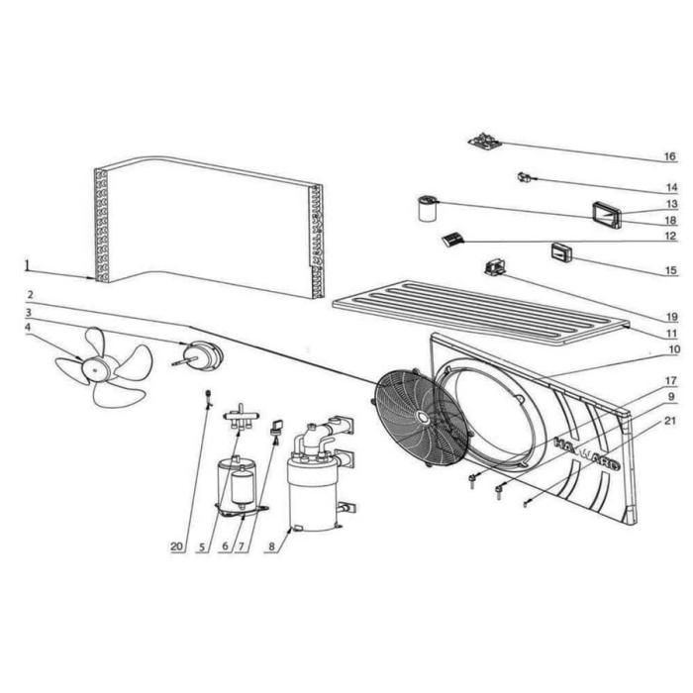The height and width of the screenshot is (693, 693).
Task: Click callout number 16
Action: coord(669,157)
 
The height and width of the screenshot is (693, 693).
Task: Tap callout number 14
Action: coord(670,188)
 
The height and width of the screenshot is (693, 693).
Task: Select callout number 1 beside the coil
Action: coord(27,265)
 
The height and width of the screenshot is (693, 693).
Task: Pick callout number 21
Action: coord(670,420)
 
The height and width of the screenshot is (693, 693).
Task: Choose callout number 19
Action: coord(670,317)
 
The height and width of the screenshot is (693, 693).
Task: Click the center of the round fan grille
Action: coord(421,417)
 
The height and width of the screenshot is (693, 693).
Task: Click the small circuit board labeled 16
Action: coord(485,143)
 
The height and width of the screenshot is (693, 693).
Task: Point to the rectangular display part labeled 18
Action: coord(606,214)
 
